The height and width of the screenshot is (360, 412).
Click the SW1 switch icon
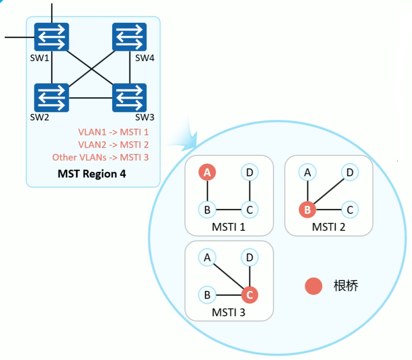pyautogui.click(x=51, y=37)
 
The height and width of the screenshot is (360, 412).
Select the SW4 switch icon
pyautogui.click(x=129, y=37)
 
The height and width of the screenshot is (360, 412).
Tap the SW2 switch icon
pyautogui.click(x=51, y=98)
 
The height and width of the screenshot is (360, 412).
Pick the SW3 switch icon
pyautogui.click(x=129, y=98)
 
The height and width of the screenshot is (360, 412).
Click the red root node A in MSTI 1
pyautogui.click(x=207, y=172)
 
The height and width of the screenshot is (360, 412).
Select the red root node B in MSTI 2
pyautogui.click(x=307, y=209)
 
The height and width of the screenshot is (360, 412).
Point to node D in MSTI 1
pyautogui.click(x=250, y=172)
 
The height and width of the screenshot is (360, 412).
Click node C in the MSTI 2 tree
pyautogui.click(x=349, y=209)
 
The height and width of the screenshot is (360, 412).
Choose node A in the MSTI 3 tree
pyautogui.click(x=207, y=257)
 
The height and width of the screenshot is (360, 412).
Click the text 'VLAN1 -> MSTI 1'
pyautogui.click(x=114, y=132)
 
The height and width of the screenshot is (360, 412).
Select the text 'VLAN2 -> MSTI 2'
pyautogui.click(x=114, y=145)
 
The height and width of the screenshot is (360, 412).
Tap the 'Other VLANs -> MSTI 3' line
pyautogui.click(x=100, y=157)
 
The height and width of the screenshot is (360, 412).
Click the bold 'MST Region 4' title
pyautogui.click(x=92, y=173)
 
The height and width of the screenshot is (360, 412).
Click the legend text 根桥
pyautogui.click(x=346, y=286)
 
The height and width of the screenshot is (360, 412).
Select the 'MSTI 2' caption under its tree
pyautogui.click(x=329, y=227)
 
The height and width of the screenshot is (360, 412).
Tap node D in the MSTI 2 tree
pyautogui.click(x=349, y=172)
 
